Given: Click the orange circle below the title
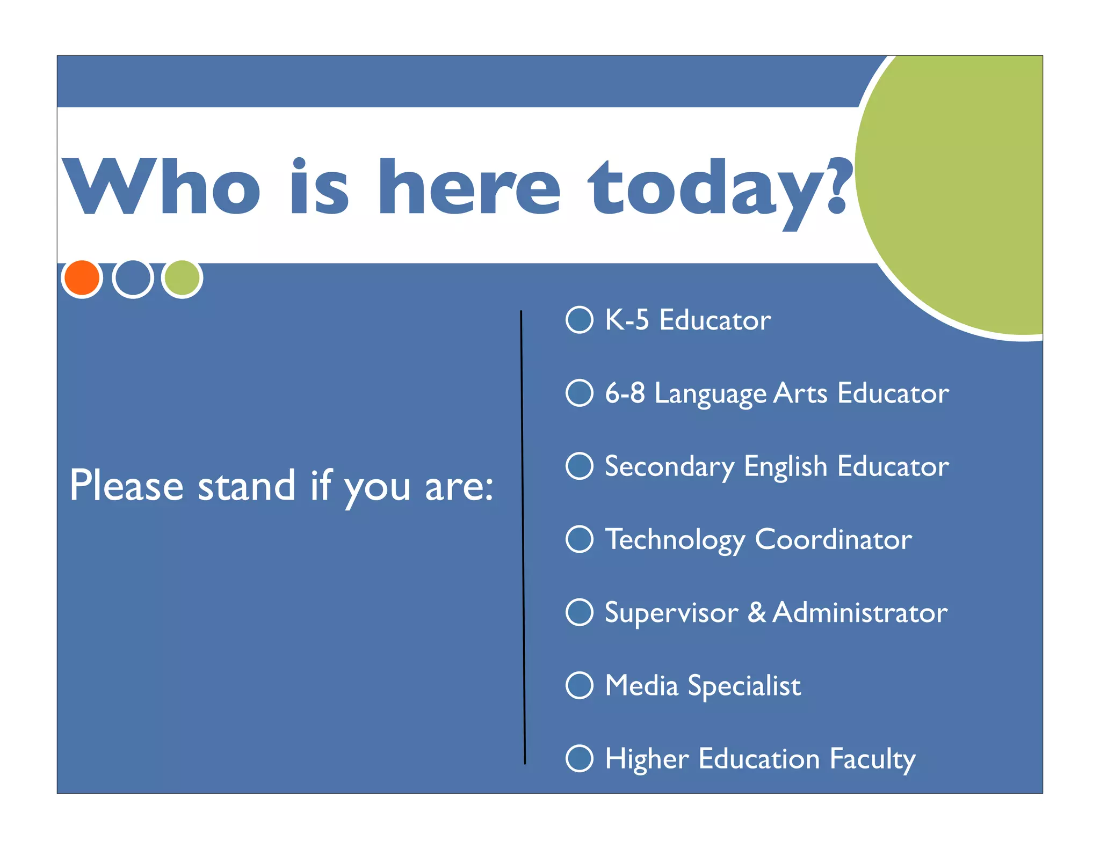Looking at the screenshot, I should pos(82,278).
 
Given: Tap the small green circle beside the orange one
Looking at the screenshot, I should pos(182,278).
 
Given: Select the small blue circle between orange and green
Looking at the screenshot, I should pos(133,278).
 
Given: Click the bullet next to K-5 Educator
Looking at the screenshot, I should pos(580,320).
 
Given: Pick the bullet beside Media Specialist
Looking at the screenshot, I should pos(580,685).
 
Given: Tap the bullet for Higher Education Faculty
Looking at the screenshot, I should pos(580,758).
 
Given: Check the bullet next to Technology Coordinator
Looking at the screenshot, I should pos(580,539).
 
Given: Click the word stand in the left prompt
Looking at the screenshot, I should pos(247,486).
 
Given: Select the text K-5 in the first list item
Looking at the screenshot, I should pos(627,320).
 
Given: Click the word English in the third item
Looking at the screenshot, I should pos(785,467).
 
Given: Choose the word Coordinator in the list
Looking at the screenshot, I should pos(833,539).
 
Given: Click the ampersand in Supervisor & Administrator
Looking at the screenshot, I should pos(757,612).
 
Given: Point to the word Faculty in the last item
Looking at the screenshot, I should pos(872,759).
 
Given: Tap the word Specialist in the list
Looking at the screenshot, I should pos(744,686).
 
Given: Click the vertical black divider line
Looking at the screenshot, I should pos(523,537).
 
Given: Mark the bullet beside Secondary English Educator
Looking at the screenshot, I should pos(580,466).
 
